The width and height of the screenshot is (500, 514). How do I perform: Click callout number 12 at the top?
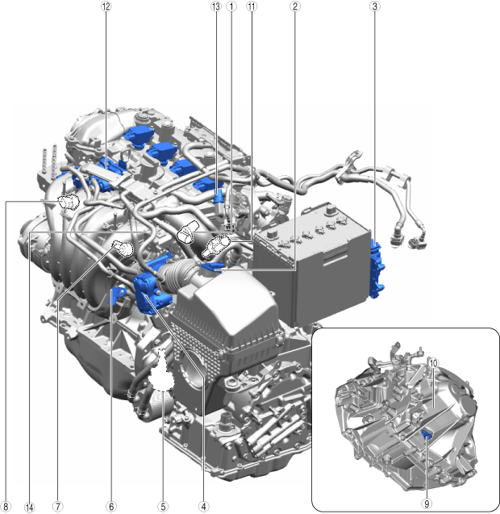click(106, 6)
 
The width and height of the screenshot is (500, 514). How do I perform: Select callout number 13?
click(215, 6)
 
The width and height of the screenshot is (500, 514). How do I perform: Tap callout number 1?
click(231, 6)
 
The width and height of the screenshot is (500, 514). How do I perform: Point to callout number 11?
click(252, 6)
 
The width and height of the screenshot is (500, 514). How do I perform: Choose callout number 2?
click(295, 6)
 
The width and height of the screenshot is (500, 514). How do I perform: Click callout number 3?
click(375, 6)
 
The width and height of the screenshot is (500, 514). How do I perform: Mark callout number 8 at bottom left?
click(6, 507)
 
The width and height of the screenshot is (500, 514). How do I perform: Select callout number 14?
click(30, 507)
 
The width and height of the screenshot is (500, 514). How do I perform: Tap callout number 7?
click(58, 507)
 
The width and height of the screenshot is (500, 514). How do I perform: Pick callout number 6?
click(111, 507)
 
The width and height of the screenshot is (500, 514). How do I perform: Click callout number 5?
click(163, 507)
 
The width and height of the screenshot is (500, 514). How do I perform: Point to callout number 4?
click(203, 507)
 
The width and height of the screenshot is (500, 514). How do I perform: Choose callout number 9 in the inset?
click(427, 504)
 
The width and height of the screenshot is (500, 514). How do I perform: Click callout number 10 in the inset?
click(433, 363)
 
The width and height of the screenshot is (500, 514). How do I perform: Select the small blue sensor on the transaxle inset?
click(427, 435)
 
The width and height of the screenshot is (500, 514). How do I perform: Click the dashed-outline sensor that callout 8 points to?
click(69, 201)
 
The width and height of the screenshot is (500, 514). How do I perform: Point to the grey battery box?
click(311, 262)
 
